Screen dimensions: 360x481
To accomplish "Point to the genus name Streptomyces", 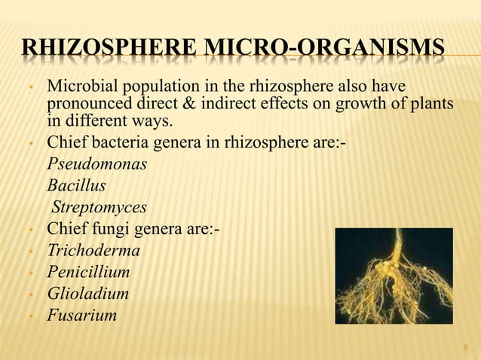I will coord(99,206).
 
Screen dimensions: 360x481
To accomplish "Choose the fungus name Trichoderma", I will coord(93,250).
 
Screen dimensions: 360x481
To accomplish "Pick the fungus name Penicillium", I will coord(88,272).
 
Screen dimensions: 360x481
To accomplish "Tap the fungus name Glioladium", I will coord(87,294).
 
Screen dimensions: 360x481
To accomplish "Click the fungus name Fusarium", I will coord(81,316).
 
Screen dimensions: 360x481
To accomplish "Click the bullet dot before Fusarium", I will coord(29,316).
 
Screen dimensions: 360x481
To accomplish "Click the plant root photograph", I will coord(393,275).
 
